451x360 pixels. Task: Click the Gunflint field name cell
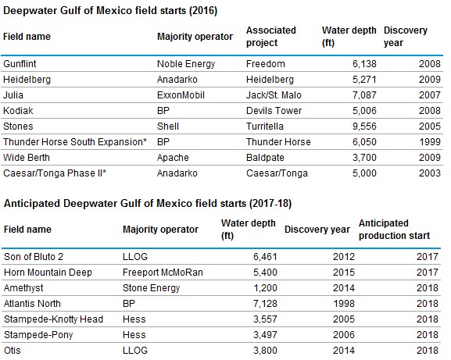(20, 63)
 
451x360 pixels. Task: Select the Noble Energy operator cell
(186, 64)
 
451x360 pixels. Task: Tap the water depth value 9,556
(364, 127)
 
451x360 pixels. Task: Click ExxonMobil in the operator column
(181, 95)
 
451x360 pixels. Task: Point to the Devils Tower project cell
(274, 111)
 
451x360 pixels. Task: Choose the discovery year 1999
(430, 142)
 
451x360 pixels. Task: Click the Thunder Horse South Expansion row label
(75, 142)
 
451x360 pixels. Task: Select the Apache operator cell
(173, 158)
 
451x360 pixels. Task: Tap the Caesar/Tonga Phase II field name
(55, 173)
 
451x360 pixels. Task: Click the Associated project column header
(271, 37)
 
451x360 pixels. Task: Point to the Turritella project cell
(265, 127)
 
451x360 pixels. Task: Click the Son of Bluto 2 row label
(34, 257)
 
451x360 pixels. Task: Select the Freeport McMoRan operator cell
(163, 273)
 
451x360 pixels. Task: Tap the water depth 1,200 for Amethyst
(265, 288)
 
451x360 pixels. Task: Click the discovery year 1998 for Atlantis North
(344, 304)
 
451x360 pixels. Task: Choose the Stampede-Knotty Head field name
(53, 319)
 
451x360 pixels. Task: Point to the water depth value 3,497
(265, 335)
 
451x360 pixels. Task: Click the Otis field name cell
(13, 350)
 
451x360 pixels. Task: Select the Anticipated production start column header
(394, 230)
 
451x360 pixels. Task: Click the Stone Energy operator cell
(152, 288)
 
